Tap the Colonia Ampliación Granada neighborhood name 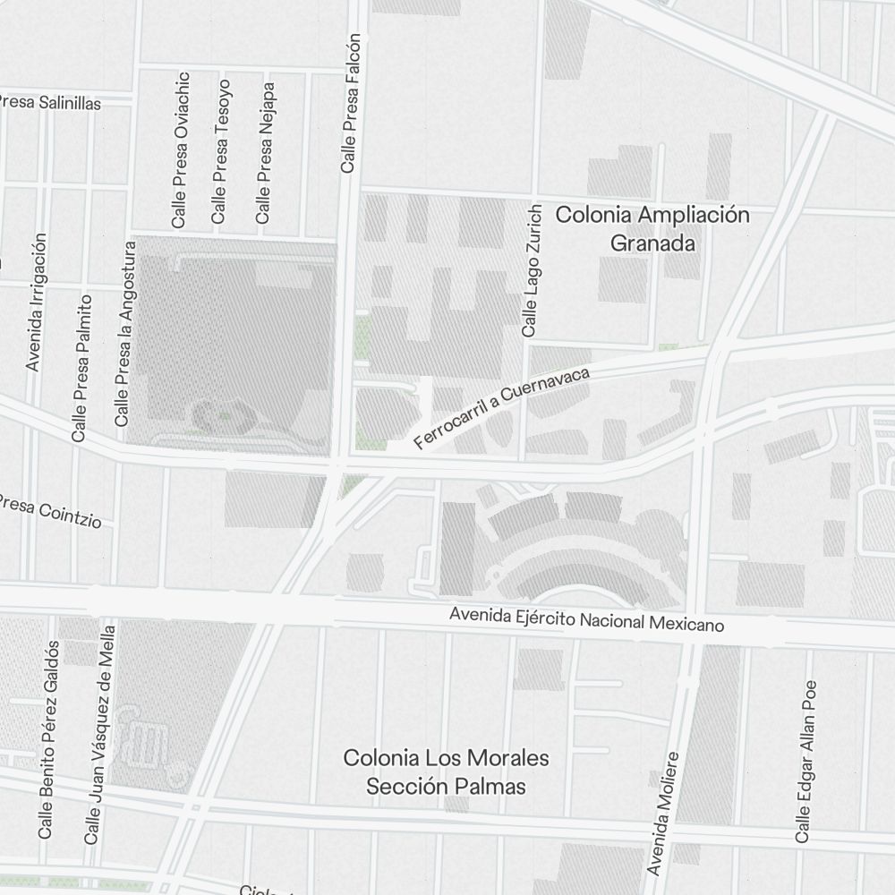coord(652,228)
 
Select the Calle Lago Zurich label coord(532,271)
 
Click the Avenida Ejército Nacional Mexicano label coord(586,620)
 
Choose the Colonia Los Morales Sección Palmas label coord(447,772)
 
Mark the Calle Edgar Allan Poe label coord(806,761)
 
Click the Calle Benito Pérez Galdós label coord(48,739)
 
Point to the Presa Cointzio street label coord(49,509)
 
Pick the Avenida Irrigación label coord(36,303)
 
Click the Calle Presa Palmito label coord(82,368)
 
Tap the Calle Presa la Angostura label coord(125,340)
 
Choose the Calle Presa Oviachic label coord(181,150)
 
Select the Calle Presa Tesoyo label coord(220,152)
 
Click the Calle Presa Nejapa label coord(263,154)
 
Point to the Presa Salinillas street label coord(51,102)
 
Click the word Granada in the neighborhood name coord(652,243)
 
